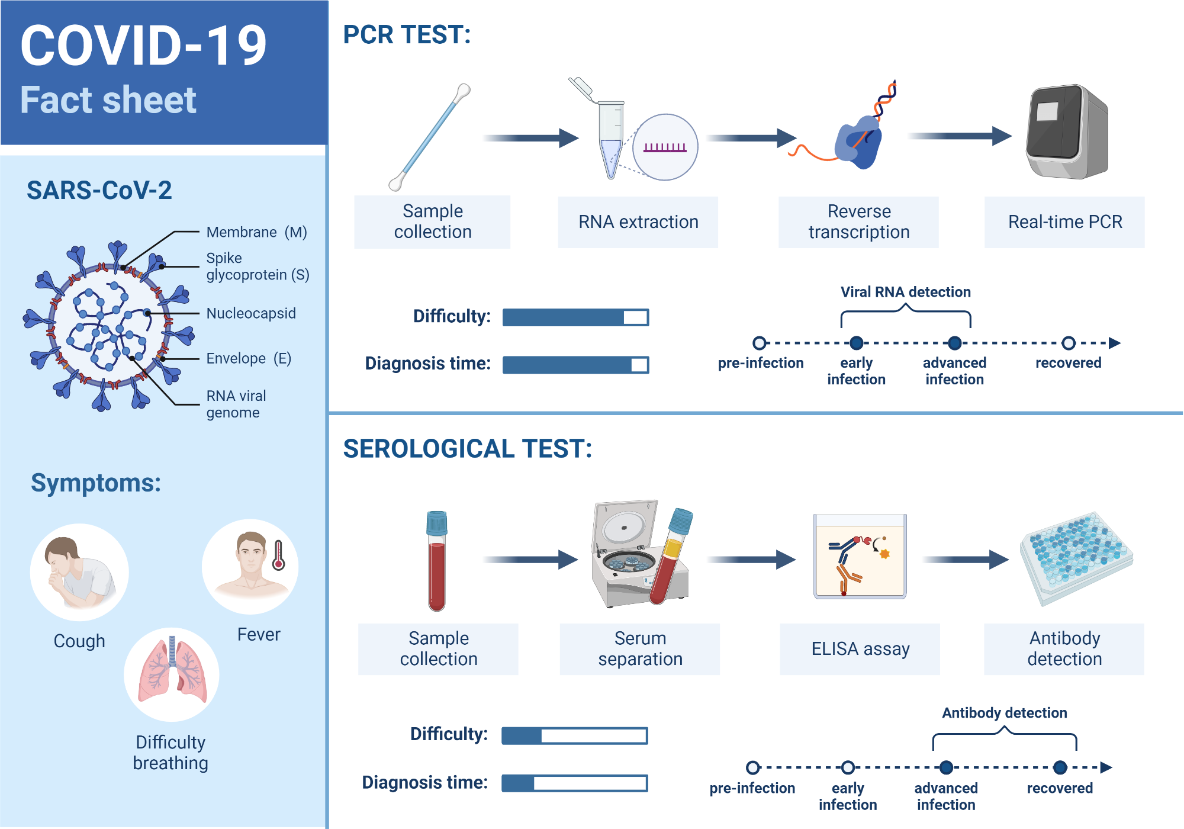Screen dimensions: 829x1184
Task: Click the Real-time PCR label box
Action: click(1064, 222)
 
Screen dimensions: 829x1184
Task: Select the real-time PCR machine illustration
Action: click(1067, 131)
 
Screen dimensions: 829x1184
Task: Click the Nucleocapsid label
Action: click(251, 313)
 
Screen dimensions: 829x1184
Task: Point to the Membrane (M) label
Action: click(256, 232)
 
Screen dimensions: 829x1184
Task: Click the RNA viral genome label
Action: click(236, 404)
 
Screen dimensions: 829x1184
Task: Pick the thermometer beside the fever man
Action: click(278, 555)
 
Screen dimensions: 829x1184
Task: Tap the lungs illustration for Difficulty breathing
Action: click(172, 674)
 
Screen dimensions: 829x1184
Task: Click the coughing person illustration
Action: click(79, 573)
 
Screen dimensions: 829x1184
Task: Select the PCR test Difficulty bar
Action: click(575, 317)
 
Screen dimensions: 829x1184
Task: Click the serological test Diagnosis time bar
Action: click(574, 783)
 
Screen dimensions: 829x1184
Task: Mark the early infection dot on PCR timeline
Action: click(856, 343)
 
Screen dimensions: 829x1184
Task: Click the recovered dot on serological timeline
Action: click(1060, 767)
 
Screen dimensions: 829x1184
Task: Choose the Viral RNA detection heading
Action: click(905, 292)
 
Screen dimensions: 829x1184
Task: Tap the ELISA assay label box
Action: click(860, 649)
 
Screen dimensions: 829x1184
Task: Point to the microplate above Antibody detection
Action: click(1076, 557)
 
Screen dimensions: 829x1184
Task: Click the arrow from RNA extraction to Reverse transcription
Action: click(752, 138)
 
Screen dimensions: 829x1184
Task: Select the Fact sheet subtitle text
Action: click(108, 99)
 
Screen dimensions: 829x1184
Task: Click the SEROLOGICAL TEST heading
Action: click(467, 448)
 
